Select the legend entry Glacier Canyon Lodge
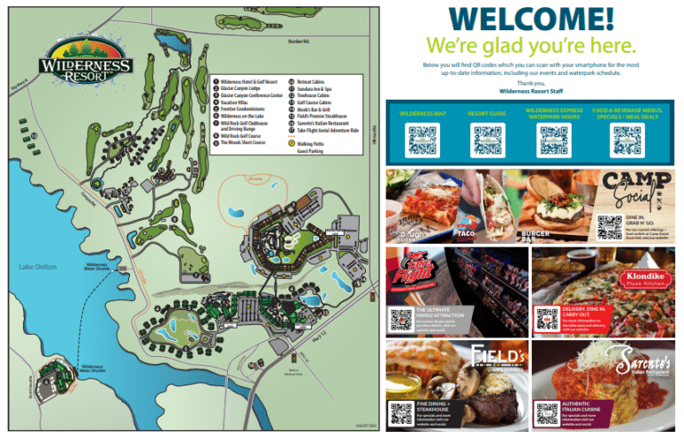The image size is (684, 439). click(x=249, y=88)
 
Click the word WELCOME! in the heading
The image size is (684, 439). click(x=530, y=20)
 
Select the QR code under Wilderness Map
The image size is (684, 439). click(x=421, y=140)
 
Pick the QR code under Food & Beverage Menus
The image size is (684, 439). click(x=625, y=140)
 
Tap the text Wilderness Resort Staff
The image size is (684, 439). click(x=532, y=90)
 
